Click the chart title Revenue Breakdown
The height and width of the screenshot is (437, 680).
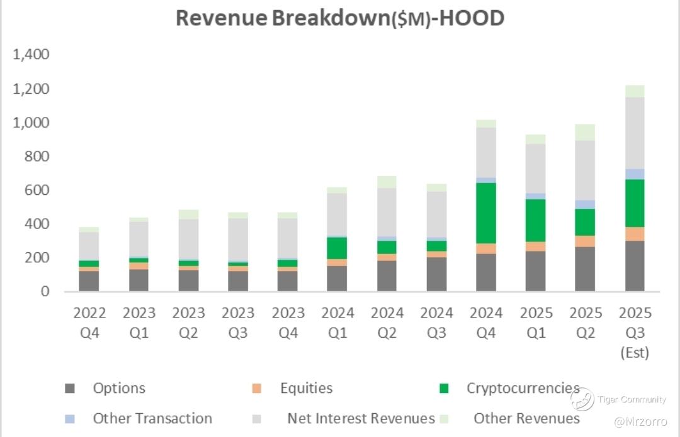pyautogui.click(x=339, y=18)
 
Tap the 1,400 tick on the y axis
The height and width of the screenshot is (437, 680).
pyautogui.click(x=31, y=55)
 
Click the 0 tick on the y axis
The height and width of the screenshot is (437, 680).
pyautogui.click(x=45, y=292)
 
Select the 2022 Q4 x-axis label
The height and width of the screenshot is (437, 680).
pyautogui.click(x=89, y=322)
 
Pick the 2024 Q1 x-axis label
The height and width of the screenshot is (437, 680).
pyautogui.click(x=337, y=322)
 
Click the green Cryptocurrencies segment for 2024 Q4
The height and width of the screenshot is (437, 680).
pyautogui.click(x=487, y=213)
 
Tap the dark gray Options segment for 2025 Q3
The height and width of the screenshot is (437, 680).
pyautogui.click(x=635, y=266)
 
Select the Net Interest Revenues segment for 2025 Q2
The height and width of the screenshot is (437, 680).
pyautogui.click(x=585, y=170)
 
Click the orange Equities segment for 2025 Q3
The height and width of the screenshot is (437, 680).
pyautogui.click(x=635, y=234)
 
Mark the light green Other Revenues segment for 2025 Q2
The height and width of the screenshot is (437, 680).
pyautogui.click(x=585, y=132)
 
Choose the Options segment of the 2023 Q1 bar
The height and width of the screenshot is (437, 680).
pyautogui.click(x=139, y=280)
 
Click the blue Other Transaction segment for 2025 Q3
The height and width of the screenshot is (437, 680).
pyautogui.click(x=635, y=174)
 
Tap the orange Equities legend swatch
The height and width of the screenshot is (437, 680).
pyautogui.click(x=258, y=389)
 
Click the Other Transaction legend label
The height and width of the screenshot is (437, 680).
pyautogui.click(x=152, y=418)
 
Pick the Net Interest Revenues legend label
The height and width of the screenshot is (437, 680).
pyautogui.click(x=361, y=418)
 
